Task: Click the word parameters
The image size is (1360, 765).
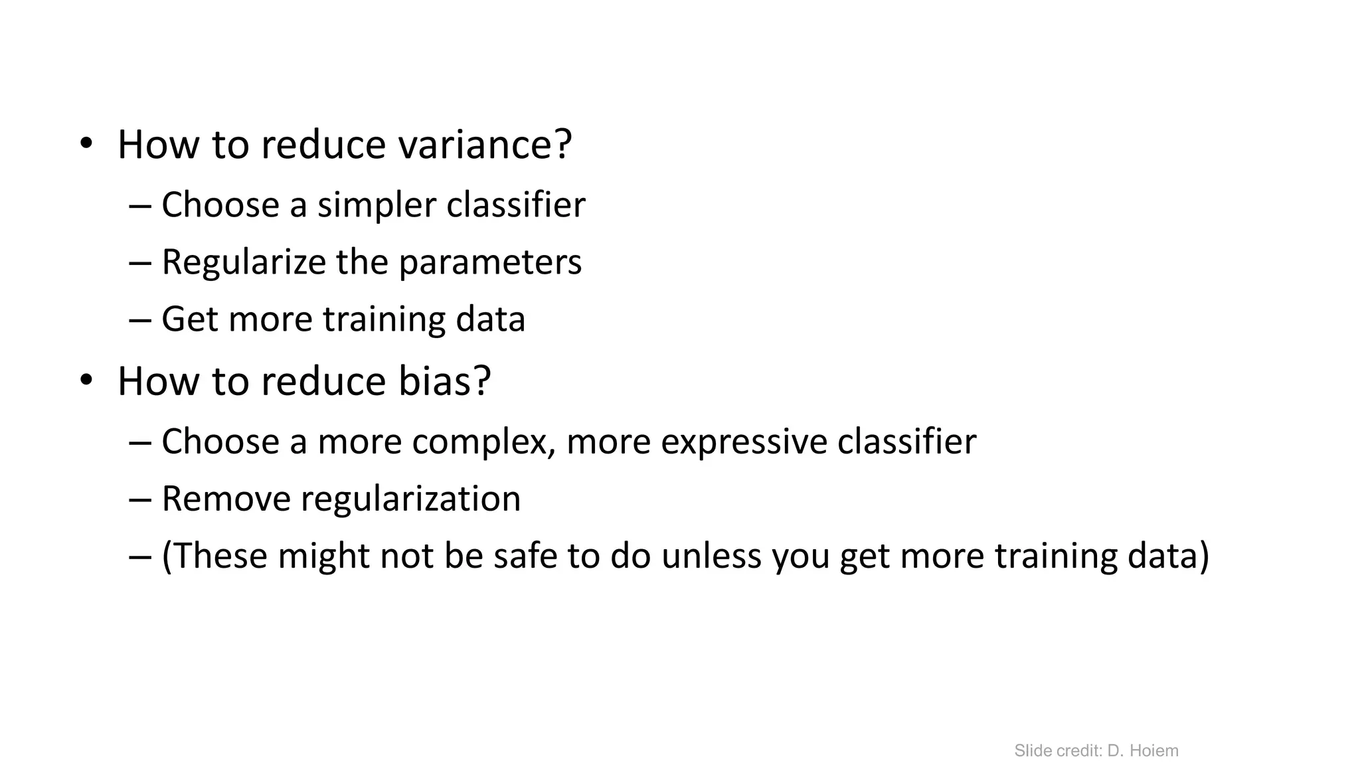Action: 490,262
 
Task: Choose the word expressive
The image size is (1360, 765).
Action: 744,442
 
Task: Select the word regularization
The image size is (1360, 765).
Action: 410,499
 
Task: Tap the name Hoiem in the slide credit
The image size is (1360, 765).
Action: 1153,751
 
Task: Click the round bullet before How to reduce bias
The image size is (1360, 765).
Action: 86,381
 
